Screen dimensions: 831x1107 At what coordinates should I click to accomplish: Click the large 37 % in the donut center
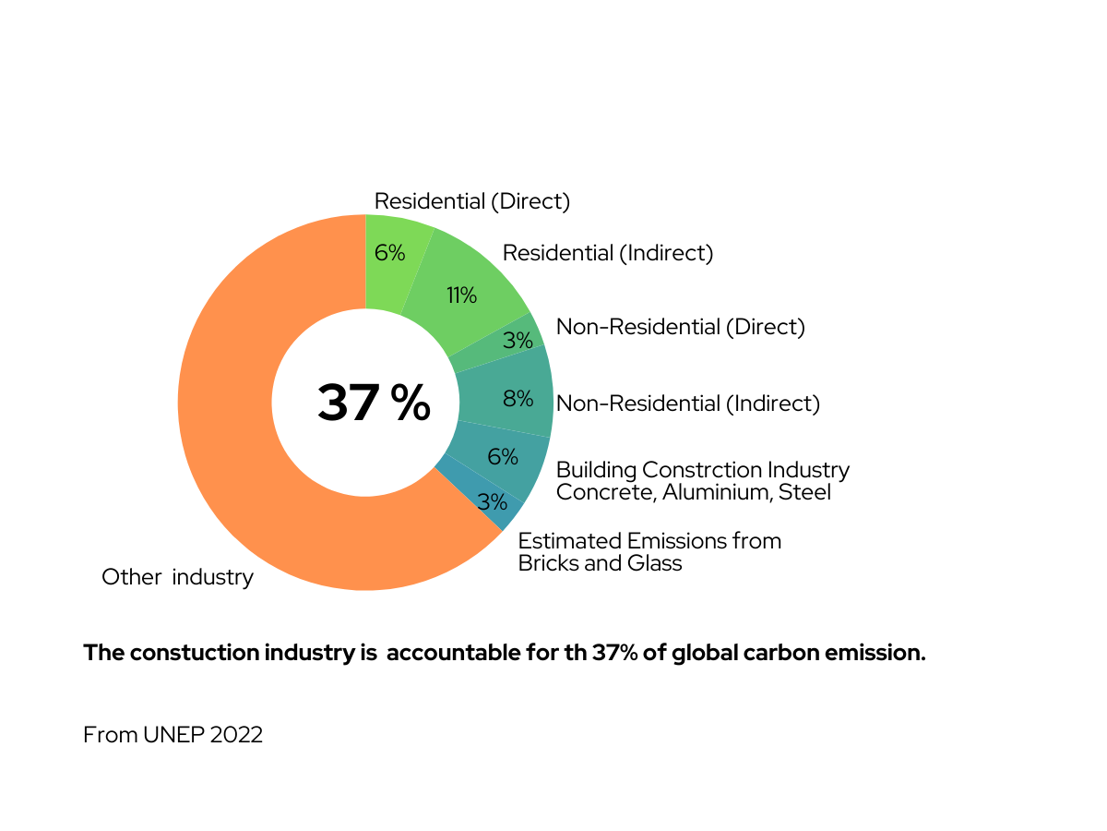point(374,403)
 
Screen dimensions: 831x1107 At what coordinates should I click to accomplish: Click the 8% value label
point(518,399)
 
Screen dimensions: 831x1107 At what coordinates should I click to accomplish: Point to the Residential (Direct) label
point(471,201)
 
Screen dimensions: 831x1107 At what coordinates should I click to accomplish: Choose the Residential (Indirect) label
point(607,253)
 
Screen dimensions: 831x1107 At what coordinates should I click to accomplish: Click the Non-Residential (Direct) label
point(680,327)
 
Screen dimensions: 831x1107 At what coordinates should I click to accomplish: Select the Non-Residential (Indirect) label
point(688,403)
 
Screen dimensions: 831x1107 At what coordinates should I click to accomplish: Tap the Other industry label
point(177,578)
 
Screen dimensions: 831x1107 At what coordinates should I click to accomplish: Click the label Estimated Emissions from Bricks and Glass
point(649,552)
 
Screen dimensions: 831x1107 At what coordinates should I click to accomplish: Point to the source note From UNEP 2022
point(173,735)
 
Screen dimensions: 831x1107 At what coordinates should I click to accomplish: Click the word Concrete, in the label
point(605,492)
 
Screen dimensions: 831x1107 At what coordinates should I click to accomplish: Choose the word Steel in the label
point(804,492)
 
